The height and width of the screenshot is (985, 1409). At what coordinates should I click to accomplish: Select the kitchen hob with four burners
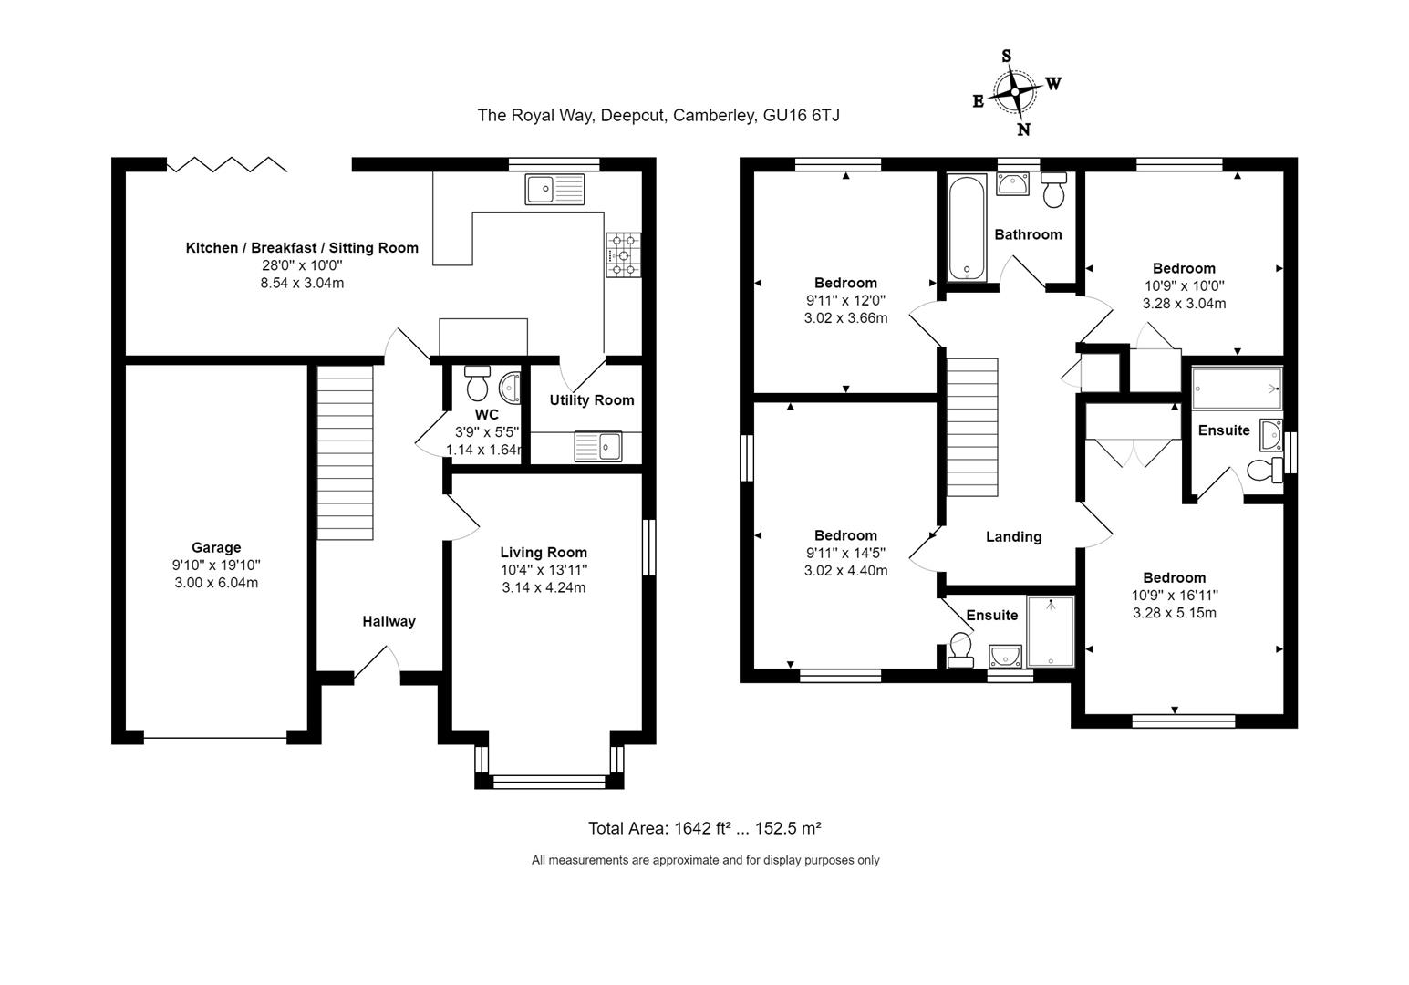tap(623, 254)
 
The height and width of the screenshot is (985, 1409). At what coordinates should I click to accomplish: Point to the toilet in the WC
tap(477, 384)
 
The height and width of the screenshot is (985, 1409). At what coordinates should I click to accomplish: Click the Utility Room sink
tap(598, 447)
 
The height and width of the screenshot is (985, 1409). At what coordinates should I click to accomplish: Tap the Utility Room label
tap(591, 399)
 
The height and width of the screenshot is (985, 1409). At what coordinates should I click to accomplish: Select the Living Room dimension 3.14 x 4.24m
tap(544, 587)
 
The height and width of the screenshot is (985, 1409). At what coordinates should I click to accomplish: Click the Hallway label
tap(389, 621)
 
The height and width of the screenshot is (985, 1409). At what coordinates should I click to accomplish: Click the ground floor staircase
tap(346, 452)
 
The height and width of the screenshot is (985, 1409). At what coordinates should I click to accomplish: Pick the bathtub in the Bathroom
tap(966, 229)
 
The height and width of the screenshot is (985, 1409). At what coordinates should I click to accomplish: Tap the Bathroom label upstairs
tap(1028, 234)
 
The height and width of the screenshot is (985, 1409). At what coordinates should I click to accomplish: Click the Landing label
tap(1013, 536)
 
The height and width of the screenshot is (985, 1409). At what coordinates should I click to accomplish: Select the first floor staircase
tap(972, 427)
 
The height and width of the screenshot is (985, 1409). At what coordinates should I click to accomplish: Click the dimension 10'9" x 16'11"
tap(1174, 595)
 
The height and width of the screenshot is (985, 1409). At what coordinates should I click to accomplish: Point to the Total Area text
tap(704, 828)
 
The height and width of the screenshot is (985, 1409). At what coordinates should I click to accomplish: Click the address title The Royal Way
tap(658, 116)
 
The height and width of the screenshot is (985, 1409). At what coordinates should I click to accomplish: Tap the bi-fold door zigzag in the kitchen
tap(227, 164)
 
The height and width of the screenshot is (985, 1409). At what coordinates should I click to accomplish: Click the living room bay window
tap(549, 780)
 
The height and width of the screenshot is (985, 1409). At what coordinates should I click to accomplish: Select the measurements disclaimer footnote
tap(705, 860)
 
